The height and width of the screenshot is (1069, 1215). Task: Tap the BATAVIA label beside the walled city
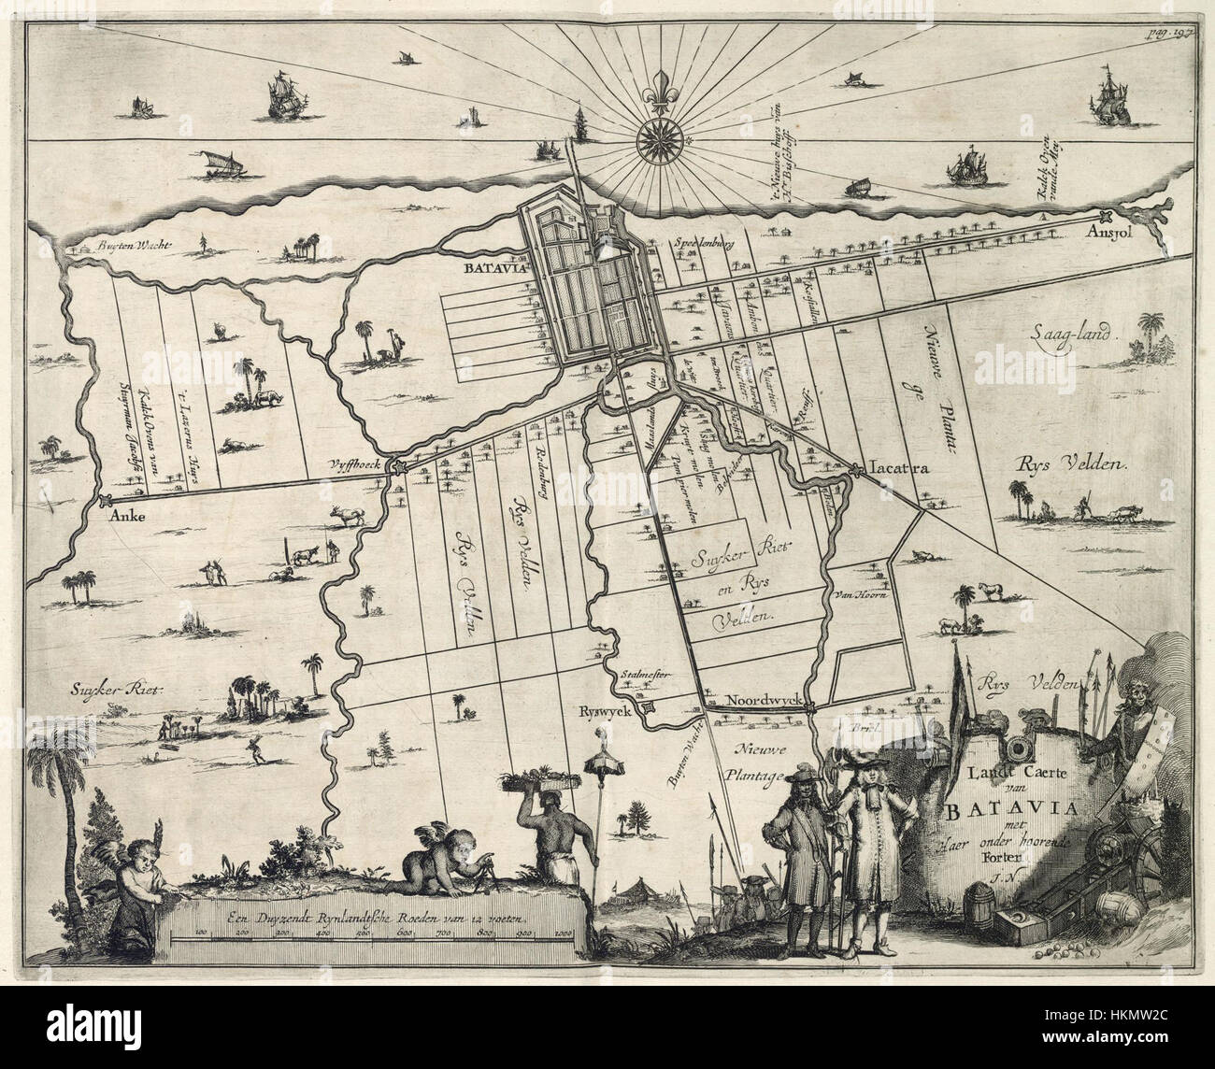click(x=485, y=267)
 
